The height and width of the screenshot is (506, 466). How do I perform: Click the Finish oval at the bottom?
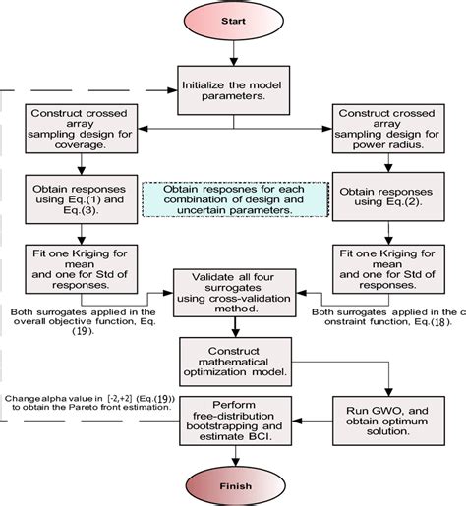pyautogui.click(x=232, y=484)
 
